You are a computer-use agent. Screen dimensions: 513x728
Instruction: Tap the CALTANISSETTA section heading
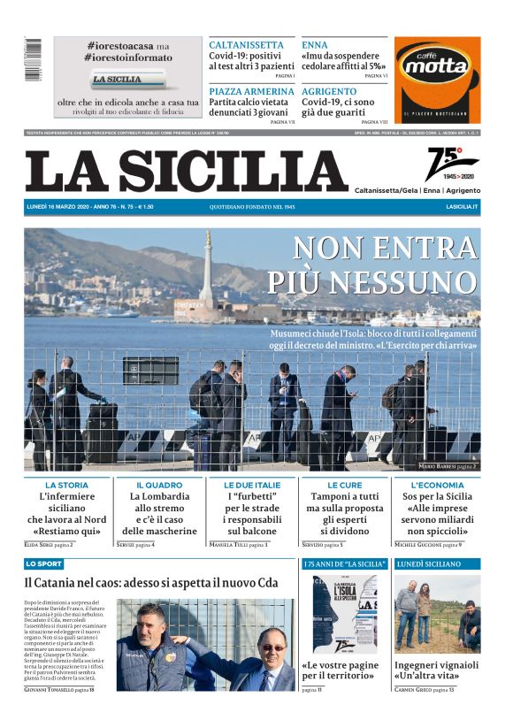pyautogui.click(x=246, y=45)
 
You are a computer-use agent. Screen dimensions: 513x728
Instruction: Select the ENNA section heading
pyautogui.click(x=314, y=45)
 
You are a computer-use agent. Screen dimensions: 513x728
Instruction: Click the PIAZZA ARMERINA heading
pyautogui.click(x=251, y=91)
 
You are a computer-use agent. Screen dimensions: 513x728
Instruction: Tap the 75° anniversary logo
pyautogui.click(x=450, y=165)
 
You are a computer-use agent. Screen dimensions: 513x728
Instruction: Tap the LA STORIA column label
pyautogui.click(x=67, y=486)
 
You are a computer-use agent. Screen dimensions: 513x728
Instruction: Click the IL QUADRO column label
pyautogui.click(x=159, y=486)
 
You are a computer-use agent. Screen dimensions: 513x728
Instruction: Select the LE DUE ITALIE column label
pyautogui.click(x=252, y=486)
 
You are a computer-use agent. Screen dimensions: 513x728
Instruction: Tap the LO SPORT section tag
pyautogui.click(x=43, y=563)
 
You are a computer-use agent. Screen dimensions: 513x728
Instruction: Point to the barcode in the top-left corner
pyautogui.click(x=34, y=60)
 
